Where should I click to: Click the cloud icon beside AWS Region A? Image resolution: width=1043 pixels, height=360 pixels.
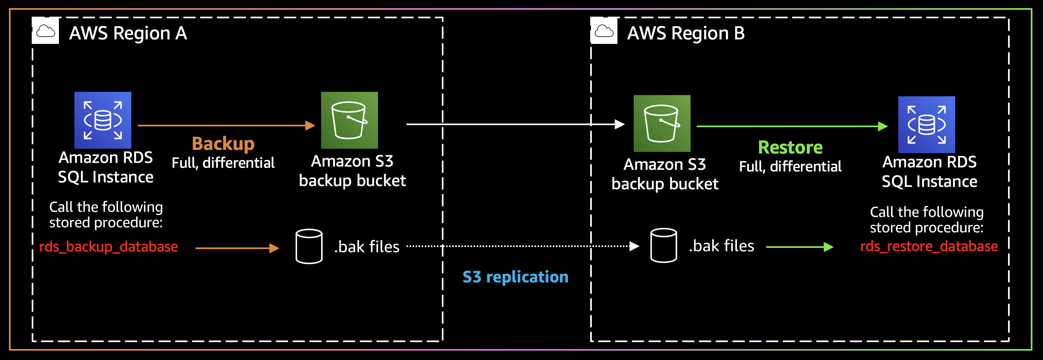pyautogui.click(x=46, y=31)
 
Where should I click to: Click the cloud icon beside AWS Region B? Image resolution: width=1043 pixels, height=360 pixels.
pyautogui.click(x=604, y=31)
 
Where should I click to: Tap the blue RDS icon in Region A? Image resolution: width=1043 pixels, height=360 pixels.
pyautogui.click(x=103, y=120)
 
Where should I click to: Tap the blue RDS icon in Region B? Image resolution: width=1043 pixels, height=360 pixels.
pyautogui.click(x=926, y=125)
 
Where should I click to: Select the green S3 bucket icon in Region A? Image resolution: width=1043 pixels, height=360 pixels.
pyautogui.click(x=350, y=120)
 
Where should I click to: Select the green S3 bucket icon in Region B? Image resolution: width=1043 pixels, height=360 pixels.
pyautogui.click(x=662, y=124)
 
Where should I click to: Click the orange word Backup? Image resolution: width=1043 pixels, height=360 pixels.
pyautogui.click(x=223, y=144)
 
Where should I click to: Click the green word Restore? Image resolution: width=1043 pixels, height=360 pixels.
pyautogui.click(x=790, y=147)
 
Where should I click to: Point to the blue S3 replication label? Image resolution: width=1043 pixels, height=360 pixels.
pyautogui.click(x=515, y=277)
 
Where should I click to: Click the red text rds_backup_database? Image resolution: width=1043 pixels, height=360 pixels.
pyautogui.click(x=109, y=247)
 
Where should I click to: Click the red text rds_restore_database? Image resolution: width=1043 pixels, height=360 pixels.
pyautogui.click(x=929, y=246)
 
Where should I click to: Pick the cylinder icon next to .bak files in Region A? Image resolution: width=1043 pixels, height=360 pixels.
pyautogui.click(x=309, y=247)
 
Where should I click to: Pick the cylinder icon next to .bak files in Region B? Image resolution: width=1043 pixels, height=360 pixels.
pyautogui.click(x=663, y=245)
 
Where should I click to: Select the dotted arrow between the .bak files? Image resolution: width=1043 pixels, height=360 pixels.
pyautogui.click(x=520, y=246)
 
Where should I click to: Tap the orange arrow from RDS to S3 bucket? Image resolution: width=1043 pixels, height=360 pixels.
pyautogui.click(x=226, y=126)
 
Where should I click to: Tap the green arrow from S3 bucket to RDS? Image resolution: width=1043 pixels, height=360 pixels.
pyautogui.click(x=791, y=126)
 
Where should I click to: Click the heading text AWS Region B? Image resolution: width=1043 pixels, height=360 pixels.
pyautogui.click(x=686, y=33)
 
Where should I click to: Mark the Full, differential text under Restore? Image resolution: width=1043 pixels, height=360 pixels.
pyautogui.click(x=790, y=167)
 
